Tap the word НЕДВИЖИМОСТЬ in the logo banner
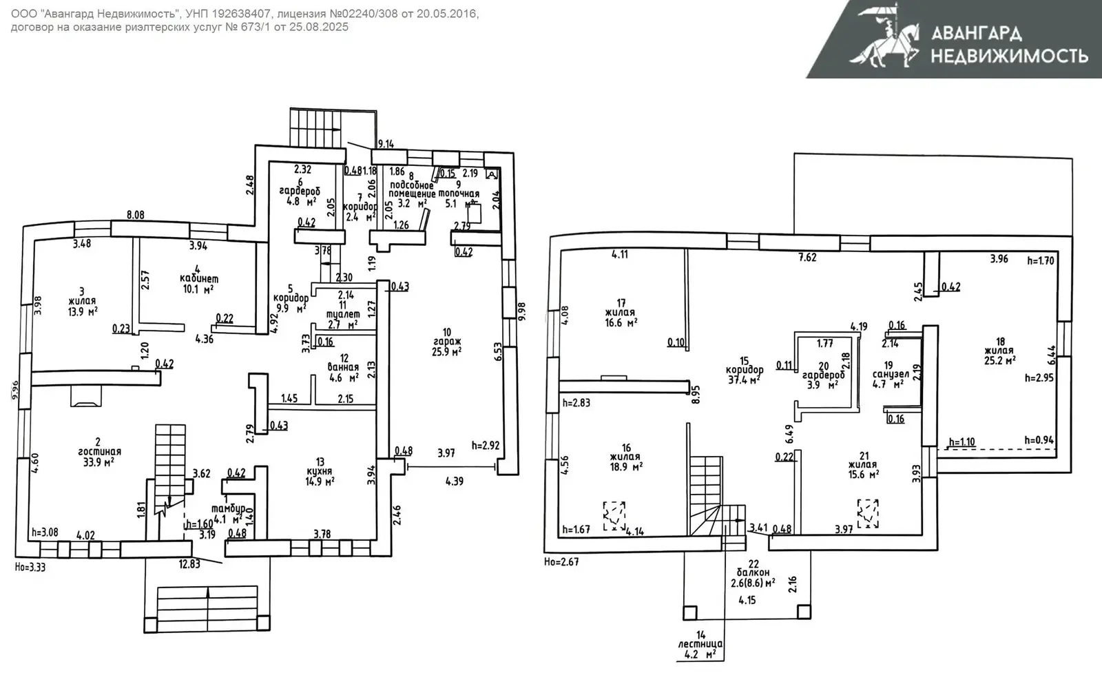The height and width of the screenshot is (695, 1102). (1009, 55)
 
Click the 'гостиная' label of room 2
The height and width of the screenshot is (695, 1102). (98, 452)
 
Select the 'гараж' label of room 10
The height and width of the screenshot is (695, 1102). (448, 342)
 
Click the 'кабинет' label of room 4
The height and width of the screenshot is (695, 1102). (199, 279)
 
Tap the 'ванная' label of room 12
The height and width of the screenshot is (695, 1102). (343, 368)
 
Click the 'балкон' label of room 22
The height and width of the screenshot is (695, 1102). (753, 572)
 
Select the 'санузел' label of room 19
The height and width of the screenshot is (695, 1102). (891, 374)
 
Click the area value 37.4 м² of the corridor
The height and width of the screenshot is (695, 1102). (744, 380)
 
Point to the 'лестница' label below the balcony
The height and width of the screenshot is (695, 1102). (701, 644)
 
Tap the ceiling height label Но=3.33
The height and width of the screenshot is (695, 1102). (30, 568)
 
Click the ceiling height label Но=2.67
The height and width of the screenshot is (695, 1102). (561, 562)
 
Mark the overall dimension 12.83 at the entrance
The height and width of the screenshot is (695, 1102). (189, 563)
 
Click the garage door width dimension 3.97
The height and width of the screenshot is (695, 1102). (446, 453)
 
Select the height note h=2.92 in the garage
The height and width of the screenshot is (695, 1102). (486, 446)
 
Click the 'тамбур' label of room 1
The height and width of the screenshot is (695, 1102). (229, 508)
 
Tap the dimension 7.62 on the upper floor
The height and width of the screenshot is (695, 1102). (807, 258)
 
